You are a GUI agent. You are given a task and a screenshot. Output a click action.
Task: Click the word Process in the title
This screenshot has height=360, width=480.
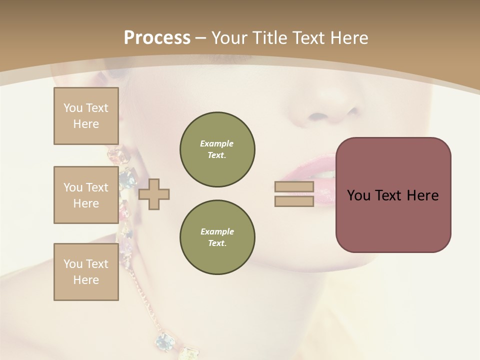point(157,38)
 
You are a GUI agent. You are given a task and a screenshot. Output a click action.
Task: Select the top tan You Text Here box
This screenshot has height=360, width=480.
point(86,116)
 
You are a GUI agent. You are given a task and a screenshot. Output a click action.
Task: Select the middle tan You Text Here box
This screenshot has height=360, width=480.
point(86,195)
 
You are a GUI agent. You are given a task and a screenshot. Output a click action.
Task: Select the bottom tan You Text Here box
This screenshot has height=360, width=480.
point(86,271)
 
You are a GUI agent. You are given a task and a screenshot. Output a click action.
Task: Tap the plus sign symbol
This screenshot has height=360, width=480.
point(154,194)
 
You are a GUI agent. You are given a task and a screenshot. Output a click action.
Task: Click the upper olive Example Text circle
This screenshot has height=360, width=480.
point(217,149)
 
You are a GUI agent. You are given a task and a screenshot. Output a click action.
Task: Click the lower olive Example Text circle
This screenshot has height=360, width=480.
point(217,237)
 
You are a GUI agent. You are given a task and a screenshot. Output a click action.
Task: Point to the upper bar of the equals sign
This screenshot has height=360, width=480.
point(294,187)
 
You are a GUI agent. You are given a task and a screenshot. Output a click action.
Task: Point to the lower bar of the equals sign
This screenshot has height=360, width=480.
point(294,201)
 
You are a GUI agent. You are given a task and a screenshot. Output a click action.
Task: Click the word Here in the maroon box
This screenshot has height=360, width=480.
point(422,195)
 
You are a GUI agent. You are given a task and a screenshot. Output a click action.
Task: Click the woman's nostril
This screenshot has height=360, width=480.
point(318,117)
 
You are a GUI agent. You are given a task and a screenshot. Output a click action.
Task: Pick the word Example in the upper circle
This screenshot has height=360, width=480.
point(217,143)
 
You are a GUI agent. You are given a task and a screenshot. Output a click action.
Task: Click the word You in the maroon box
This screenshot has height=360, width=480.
point(359,195)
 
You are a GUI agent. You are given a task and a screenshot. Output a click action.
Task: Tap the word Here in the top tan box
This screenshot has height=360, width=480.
point(86,124)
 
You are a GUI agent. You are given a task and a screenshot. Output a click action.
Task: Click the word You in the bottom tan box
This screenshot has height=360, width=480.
point(73,264)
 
